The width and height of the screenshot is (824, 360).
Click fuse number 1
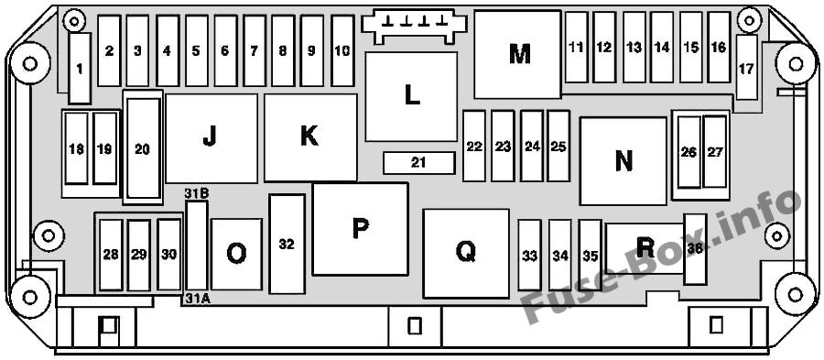[x=80, y=69]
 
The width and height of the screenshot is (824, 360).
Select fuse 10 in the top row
[x=342, y=50]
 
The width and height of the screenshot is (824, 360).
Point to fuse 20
[x=143, y=148]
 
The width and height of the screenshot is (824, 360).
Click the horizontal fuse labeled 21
[x=418, y=163]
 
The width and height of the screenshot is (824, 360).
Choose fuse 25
[x=558, y=146]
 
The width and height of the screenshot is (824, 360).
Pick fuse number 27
[x=715, y=152]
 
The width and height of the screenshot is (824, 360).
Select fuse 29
[x=139, y=255]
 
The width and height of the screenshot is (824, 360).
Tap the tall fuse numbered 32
[x=287, y=244]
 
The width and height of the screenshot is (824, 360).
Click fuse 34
[x=560, y=255]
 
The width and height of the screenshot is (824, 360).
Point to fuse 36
[x=695, y=250]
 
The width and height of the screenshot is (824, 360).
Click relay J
[x=211, y=138]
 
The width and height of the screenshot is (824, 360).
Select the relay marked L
[x=411, y=96]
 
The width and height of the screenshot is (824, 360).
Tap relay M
[x=517, y=54]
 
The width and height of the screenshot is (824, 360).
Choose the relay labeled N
[x=623, y=161]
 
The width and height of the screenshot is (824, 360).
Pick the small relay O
[x=236, y=254]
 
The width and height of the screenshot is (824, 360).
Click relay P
[x=360, y=229]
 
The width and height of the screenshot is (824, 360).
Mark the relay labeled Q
[x=466, y=254]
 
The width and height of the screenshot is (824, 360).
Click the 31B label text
[x=197, y=193]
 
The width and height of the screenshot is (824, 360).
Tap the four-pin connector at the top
[x=414, y=25]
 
